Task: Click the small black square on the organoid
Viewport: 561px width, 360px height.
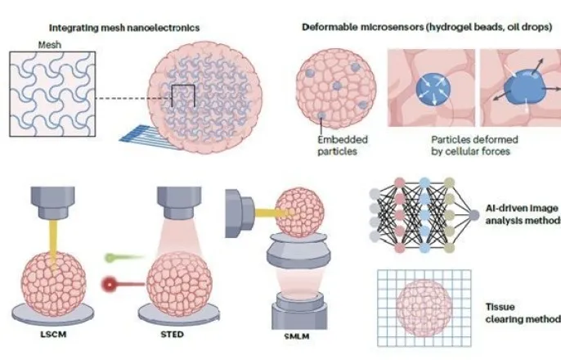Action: point(182,100)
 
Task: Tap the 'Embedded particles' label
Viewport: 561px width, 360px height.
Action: point(338,144)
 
